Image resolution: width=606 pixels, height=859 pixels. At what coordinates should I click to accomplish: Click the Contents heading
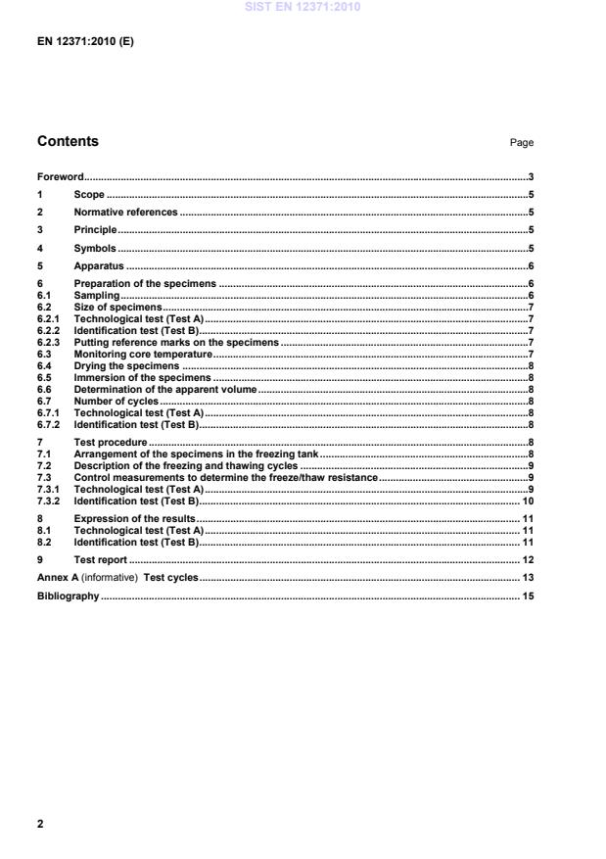[x=68, y=141]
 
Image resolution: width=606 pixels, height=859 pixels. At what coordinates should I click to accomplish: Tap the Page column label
[x=521, y=143]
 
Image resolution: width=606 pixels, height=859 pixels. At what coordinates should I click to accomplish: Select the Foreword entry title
[x=60, y=177]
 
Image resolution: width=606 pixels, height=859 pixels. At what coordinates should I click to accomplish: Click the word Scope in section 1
[x=89, y=195]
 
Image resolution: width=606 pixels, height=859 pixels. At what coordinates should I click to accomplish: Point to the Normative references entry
[x=125, y=212]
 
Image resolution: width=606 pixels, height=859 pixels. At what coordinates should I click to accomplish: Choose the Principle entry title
[x=95, y=230]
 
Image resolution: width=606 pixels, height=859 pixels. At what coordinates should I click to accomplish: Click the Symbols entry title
[x=95, y=249]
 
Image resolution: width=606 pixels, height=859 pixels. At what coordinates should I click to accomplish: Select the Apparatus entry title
[x=98, y=266]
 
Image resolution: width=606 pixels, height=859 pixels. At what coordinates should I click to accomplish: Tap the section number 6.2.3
[x=49, y=343]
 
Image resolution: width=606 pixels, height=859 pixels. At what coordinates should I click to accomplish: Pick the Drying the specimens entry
[x=126, y=364]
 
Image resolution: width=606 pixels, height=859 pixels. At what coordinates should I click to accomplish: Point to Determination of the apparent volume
[x=164, y=389]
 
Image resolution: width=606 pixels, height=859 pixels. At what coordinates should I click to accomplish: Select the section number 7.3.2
[x=49, y=500]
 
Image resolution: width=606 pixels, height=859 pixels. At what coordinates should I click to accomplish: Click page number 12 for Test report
[x=527, y=559]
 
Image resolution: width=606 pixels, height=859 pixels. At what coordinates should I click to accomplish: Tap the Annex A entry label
[x=58, y=578]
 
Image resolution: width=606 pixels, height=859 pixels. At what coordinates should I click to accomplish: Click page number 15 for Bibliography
[x=527, y=596]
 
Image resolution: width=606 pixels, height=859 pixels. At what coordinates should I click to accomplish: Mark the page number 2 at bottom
[x=40, y=824]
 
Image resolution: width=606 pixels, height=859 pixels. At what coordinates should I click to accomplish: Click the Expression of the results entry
[x=135, y=517]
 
